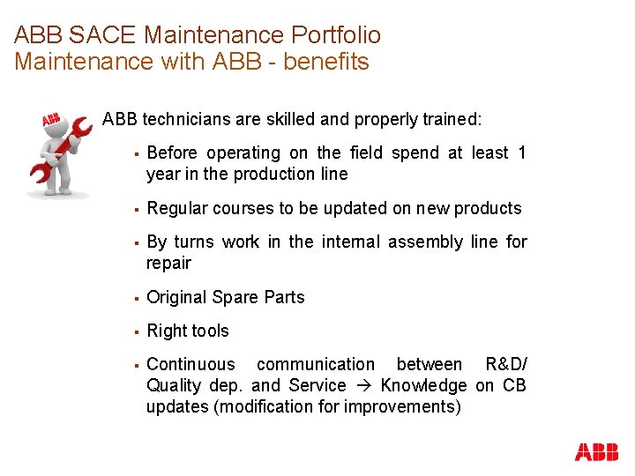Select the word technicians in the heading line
pyautogui.click(x=183, y=118)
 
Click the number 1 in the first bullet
pyautogui.click(x=521, y=152)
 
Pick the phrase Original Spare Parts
pyautogui.click(x=225, y=297)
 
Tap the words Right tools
pyautogui.click(x=187, y=331)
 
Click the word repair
pyautogui.click(x=168, y=263)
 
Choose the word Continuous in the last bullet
pyautogui.click(x=190, y=364)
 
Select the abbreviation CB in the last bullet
pyautogui.click(x=514, y=385)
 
